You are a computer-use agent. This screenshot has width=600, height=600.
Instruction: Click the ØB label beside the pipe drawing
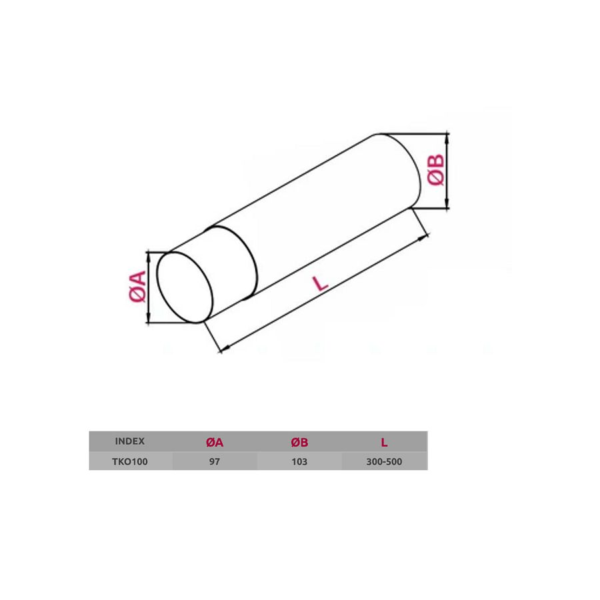click(436, 170)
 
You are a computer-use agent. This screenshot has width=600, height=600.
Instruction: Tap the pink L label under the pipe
click(320, 283)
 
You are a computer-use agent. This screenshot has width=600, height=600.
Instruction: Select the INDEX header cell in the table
click(130, 441)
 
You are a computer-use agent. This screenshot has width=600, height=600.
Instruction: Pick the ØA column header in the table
click(215, 443)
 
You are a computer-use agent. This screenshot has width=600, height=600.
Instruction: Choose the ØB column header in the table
click(299, 443)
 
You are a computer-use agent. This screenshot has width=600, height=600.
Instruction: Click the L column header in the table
click(384, 443)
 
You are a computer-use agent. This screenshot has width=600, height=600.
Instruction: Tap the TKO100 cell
click(130, 461)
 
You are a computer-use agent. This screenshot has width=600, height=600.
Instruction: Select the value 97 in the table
click(215, 461)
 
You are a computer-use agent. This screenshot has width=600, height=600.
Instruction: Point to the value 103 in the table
click(299, 461)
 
